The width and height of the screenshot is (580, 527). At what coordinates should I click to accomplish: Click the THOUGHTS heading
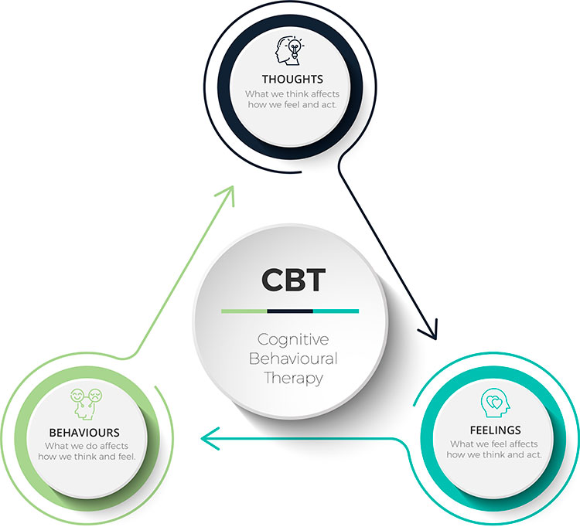tap(292, 80)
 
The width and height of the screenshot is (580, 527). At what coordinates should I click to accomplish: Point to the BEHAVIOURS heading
tap(84, 433)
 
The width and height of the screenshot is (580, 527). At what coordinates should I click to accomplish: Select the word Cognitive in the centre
tap(293, 340)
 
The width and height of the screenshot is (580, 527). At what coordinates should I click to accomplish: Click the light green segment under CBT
tap(244, 311)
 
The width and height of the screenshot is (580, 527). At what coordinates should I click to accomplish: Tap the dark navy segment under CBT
tap(290, 311)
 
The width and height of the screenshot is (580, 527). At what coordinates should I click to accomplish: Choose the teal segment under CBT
tap(336, 311)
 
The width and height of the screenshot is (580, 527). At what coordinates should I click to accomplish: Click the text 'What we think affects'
tap(292, 94)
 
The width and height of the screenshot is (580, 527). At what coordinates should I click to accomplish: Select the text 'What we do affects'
tap(86, 446)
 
